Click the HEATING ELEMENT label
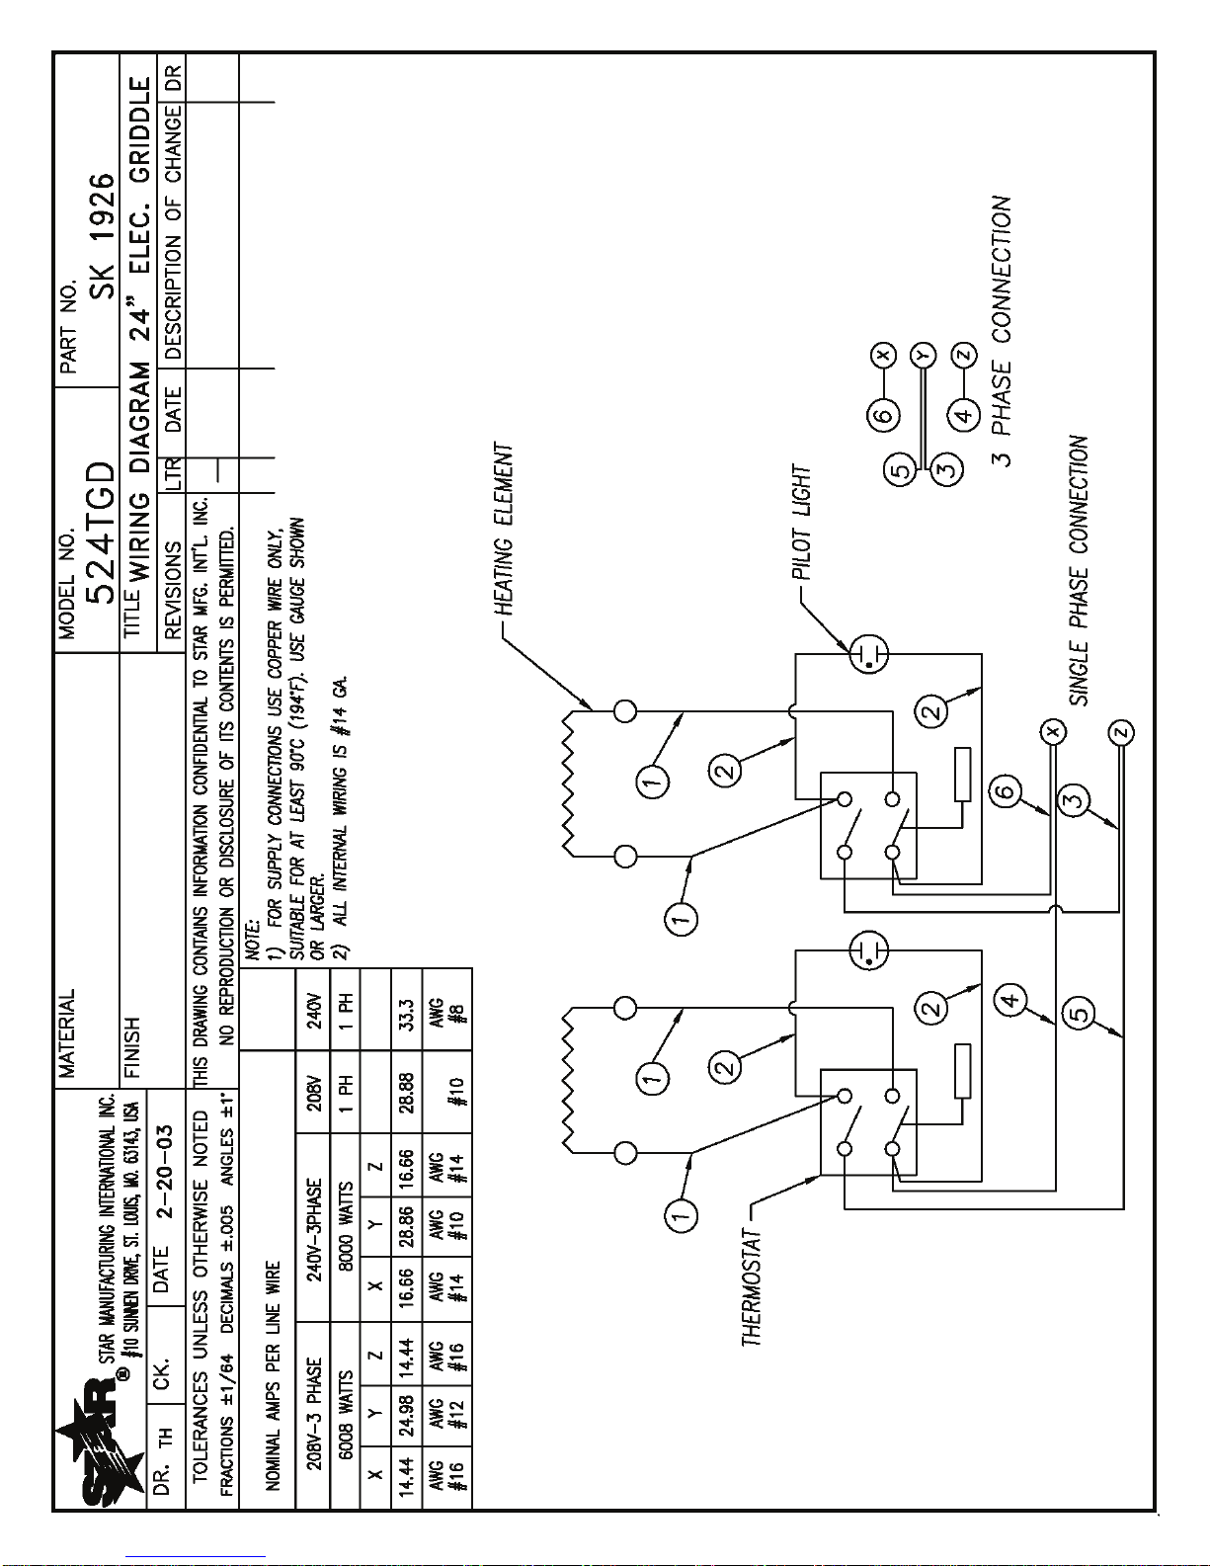503,529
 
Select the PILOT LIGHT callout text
802,523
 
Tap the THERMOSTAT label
752,1287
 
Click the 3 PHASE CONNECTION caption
1002,331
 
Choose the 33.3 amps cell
406,1014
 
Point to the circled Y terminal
923,355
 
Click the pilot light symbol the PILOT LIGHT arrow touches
869,654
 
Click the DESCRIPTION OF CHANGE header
173,233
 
